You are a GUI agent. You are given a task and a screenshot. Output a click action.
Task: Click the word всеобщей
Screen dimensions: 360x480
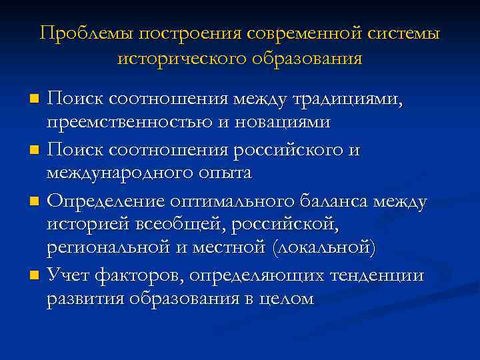(195, 225)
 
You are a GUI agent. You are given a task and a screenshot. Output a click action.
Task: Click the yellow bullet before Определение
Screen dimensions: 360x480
(34, 201)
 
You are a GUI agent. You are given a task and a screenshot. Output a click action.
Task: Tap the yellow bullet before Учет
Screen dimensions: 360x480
(34, 275)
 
